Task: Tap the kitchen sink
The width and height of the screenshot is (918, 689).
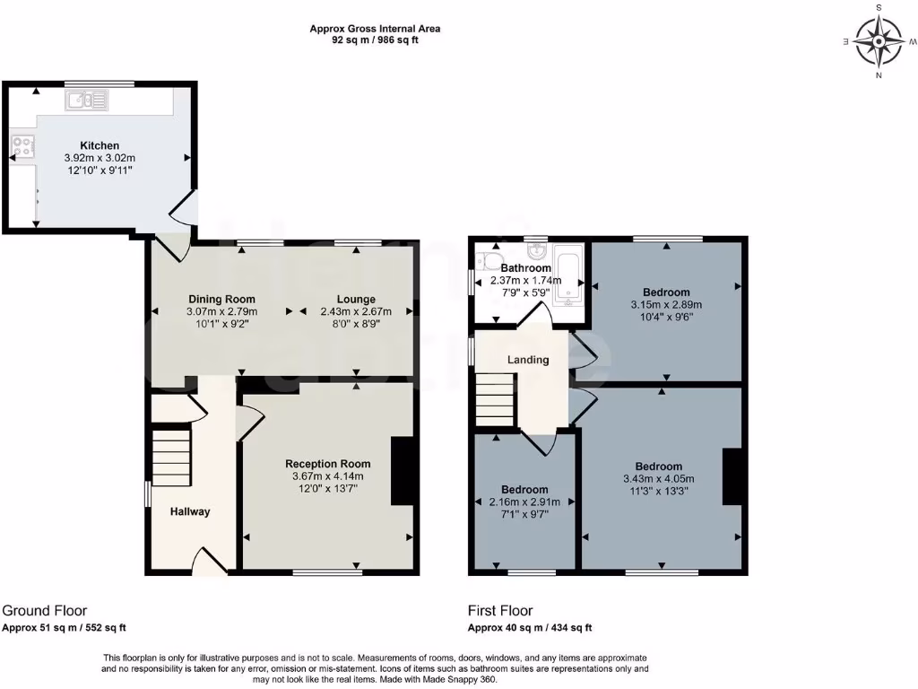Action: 86,100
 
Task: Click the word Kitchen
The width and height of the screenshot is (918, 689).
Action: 100,145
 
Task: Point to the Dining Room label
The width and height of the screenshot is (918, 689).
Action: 221,299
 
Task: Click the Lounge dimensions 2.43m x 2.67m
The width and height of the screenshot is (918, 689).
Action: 356,311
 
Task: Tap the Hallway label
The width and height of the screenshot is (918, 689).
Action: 190,511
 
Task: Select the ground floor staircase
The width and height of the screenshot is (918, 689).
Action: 171,457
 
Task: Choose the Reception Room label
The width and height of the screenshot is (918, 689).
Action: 328,464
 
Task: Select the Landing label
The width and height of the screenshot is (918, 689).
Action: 528,360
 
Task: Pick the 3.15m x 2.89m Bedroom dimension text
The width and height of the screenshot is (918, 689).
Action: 666,304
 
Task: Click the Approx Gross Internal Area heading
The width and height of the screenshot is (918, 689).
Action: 375,29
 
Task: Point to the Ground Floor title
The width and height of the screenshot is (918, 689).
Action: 45,611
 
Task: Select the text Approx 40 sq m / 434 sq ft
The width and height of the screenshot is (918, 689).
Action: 530,628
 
